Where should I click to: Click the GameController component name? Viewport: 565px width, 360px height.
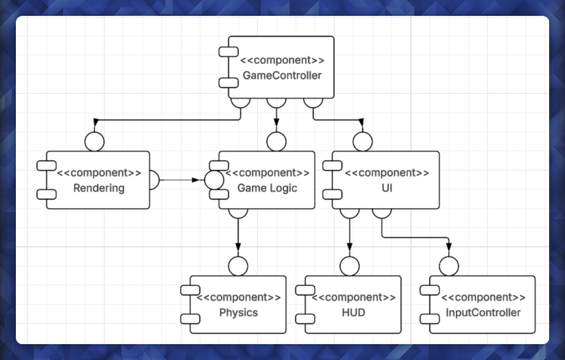[x=282, y=76]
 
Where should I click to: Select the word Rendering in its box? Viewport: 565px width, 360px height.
[x=99, y=188]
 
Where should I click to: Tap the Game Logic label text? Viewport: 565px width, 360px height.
[x=267, y=188]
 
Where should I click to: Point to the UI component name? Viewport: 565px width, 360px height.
[x=385, y=188]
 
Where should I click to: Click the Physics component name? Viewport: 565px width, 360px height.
[x=239, y=313]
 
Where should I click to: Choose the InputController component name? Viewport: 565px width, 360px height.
[x=483, y=313]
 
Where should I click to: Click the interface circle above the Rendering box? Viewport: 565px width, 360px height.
[x=95, y=142]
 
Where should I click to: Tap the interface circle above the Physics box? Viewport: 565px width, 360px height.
[x=237, y=266]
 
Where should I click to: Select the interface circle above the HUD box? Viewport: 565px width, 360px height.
[x=350, y=266]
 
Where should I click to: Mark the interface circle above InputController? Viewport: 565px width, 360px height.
[x=448, y=266]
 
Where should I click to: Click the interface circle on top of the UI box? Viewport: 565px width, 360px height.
[x=362, y=142]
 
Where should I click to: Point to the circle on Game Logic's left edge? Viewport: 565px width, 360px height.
[x=214, y=180]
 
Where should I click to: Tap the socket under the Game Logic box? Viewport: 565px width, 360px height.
[x=237, y=212]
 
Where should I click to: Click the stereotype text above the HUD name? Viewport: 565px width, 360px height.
[x=353, y=298]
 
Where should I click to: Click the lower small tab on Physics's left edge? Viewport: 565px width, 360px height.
[x=190, y=319]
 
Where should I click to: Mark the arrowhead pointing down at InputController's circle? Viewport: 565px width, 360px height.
[x=448, y=247]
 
